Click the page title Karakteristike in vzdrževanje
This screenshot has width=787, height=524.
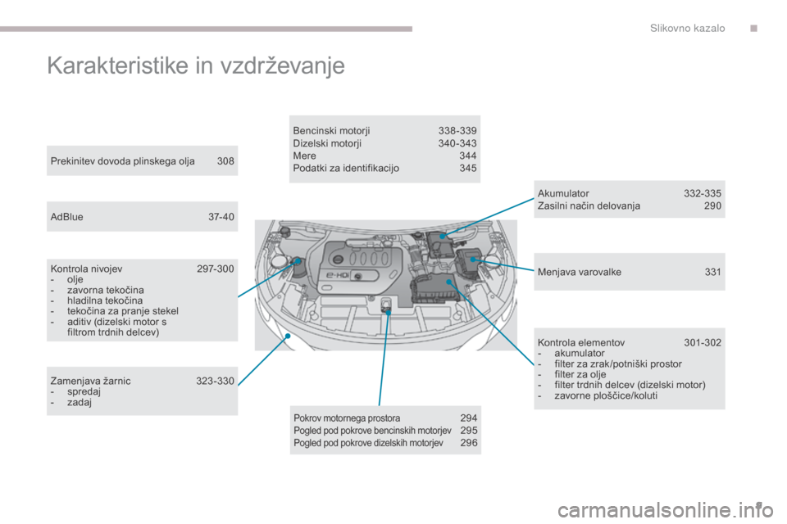point(196,66)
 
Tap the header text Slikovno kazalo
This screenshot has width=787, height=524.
point(687,28)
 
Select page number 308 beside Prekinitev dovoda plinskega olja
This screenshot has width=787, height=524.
point(225,161)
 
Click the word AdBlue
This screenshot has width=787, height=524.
point(66,217)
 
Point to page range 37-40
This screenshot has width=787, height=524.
point(221,217)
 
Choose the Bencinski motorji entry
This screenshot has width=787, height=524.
point(331,130)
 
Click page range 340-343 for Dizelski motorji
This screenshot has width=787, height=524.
point(457,143)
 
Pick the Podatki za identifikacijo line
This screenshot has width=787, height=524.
point(346,168)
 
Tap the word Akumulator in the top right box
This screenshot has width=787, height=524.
point(563,193)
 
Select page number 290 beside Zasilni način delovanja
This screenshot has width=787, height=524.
point(712,206)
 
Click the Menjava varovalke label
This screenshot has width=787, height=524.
point(580,272)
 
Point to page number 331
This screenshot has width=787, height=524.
point(712,272)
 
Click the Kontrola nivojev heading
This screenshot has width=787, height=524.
point(86,269)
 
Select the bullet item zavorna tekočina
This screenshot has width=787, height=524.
point(106,290)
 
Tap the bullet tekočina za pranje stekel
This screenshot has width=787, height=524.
point(122,311)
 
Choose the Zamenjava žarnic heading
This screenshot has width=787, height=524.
point(90,381)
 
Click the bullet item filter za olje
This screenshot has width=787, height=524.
point(580,374)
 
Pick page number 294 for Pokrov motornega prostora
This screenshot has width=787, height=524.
point(469,418)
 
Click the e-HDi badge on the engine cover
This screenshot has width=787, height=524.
point(338,275)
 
